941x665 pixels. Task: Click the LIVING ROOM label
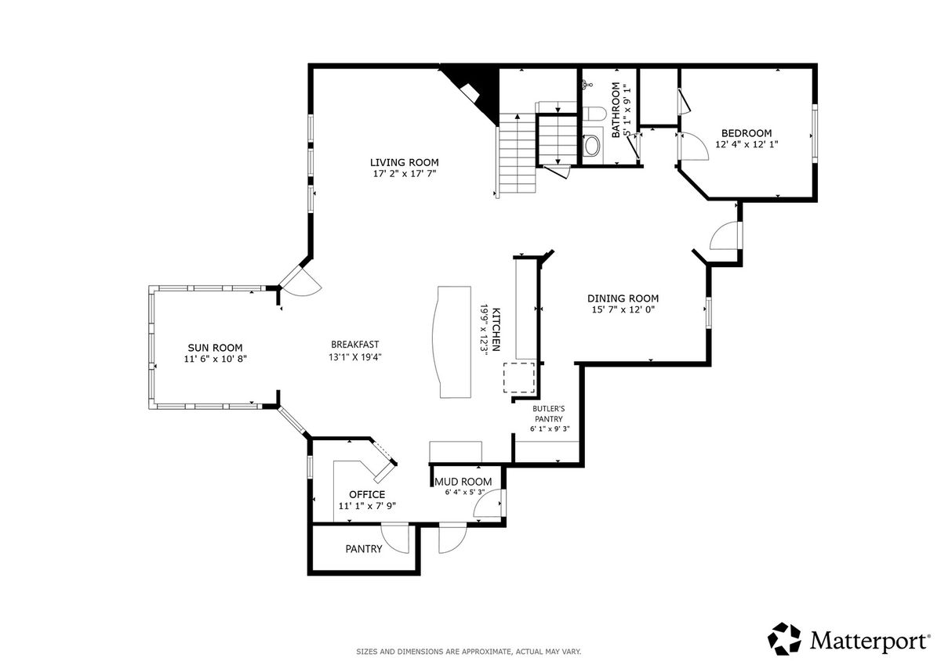point(404,162)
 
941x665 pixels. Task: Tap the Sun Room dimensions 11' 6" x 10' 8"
point(215,360)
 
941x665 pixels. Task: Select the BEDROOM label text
point(747,133)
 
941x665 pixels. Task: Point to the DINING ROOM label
point(623,298)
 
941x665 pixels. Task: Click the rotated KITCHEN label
point(496,330)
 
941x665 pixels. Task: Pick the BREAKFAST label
point(355,345)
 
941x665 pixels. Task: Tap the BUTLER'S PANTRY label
point(549,414)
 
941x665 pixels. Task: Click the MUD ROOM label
point(463,482)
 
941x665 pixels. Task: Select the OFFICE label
point(367,495)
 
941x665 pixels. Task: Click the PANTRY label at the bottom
point(364,549)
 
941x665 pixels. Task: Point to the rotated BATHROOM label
point(616,110)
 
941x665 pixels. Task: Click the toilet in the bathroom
point(594,114)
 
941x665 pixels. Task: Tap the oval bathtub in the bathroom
point(592,145)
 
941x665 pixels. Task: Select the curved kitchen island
point(452,342)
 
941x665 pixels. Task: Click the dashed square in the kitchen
point(519,378)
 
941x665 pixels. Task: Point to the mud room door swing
point(488,503)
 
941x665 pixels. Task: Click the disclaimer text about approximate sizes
point(468,652)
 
